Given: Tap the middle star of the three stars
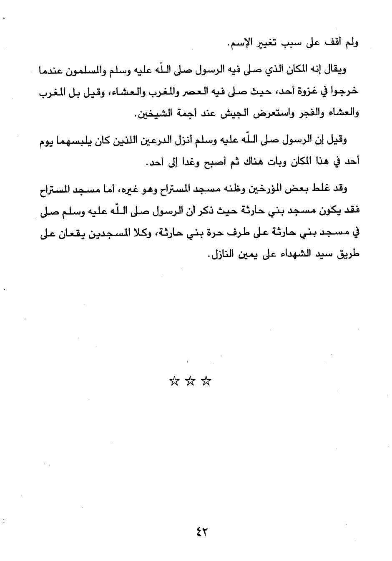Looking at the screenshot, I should tap(190, 381).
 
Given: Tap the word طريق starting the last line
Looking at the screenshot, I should tap(348, 254).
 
